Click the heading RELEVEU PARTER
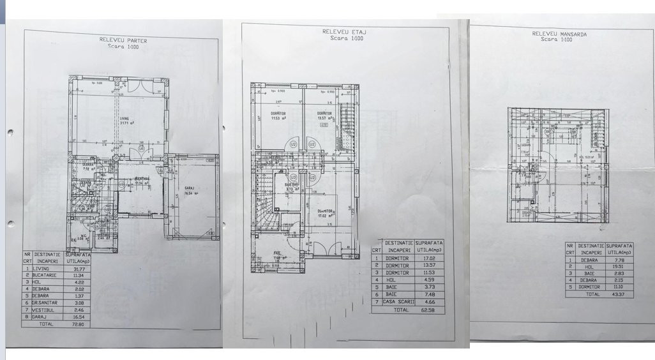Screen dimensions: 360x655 pos(123,40)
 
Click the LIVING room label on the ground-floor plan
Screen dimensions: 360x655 pos(125,118)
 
